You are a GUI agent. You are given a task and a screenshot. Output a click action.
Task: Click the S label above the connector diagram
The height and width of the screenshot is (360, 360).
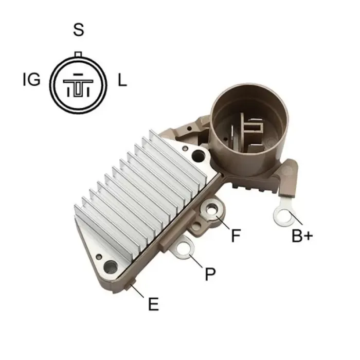79,30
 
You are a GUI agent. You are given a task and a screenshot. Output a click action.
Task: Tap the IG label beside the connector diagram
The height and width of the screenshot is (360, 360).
32,80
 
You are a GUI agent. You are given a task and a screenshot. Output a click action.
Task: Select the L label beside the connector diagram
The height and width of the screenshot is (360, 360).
122,80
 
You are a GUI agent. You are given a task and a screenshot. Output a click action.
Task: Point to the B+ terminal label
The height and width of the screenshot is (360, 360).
302,236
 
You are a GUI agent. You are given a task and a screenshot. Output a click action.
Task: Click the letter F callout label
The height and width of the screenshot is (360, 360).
236,236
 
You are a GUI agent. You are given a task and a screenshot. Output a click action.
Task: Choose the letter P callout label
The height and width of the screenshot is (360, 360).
210,274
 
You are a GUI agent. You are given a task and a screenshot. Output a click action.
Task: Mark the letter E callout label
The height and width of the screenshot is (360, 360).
153,304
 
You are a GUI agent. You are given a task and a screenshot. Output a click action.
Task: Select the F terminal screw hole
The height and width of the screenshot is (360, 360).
210,210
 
